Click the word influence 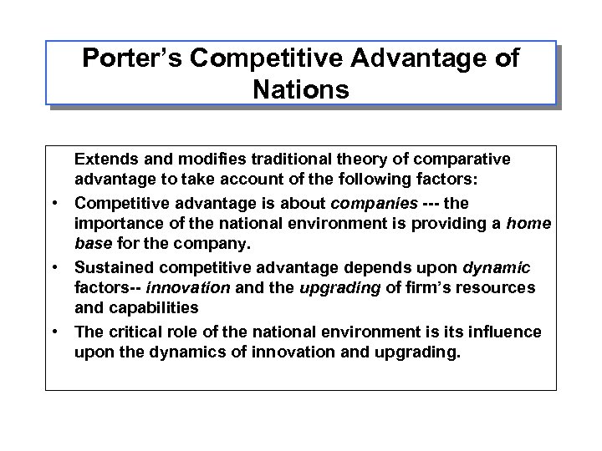(508, 332)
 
